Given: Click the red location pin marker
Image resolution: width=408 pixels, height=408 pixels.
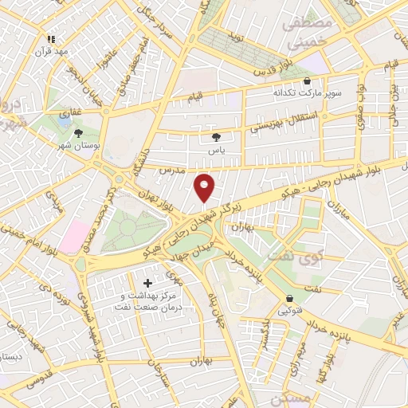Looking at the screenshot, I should (x=205, y=187).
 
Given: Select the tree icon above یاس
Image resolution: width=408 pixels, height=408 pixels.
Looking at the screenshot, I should (x=215, y=137).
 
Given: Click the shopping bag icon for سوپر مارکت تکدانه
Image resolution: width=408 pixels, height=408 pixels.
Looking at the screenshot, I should (x=308, y=80).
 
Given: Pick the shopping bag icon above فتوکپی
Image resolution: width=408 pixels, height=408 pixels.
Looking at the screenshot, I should (x=288, y=300).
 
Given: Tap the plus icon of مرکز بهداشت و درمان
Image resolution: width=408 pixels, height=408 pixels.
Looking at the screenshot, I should (x=147, y=283).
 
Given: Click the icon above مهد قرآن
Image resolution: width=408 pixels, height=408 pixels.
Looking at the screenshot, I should (x=52, y=38).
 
